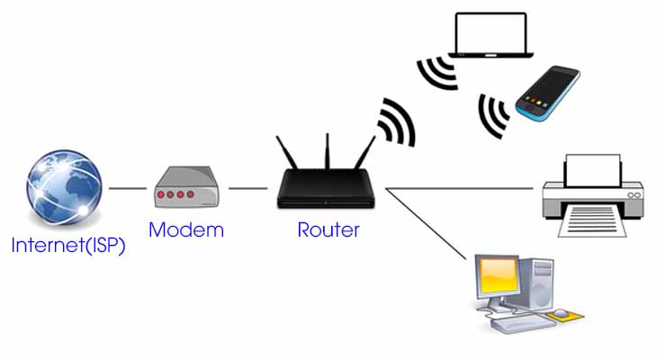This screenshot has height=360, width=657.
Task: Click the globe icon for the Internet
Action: (x=63, y=191)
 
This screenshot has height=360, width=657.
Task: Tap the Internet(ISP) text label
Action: (x=68, y=246)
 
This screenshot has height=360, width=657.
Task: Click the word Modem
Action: (x=185, y=229)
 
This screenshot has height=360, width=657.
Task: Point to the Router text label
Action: (x=328, y=229)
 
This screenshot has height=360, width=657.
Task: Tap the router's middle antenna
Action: (x=328, y=153)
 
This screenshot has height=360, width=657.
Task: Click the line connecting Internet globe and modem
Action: (x=127, y=189)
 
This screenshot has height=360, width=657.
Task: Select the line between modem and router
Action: (x=247, y=189)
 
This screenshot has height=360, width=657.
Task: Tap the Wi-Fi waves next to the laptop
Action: (x=436, y=74)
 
